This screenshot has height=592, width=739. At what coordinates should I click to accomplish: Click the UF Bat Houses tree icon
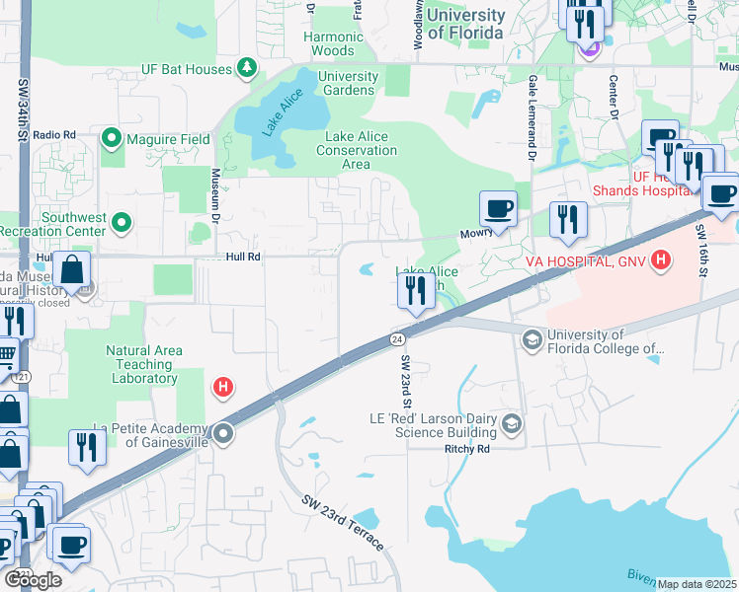tap(246, 68)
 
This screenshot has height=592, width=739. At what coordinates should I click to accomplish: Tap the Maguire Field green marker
tap(111, 139)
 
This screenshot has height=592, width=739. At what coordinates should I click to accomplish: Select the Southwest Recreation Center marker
tap(123, 224)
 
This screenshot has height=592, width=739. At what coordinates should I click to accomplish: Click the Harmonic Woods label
tap(333, 43)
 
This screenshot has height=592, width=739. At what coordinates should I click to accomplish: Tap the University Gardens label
tap(348, 83)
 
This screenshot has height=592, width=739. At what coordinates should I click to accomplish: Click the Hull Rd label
tap(241, 256)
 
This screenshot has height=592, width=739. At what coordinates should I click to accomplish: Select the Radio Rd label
tap(54, 134)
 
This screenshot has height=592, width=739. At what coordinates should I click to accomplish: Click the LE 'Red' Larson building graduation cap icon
tap(512, 424)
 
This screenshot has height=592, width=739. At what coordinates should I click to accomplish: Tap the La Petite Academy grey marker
tap(224, 433)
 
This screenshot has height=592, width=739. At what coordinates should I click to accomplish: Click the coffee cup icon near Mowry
tap(498, 209)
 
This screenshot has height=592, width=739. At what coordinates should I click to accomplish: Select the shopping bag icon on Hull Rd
tap(72, 268)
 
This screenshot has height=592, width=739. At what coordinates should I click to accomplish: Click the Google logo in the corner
tap(32, 580)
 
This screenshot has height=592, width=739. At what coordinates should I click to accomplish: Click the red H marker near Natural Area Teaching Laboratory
tap(223, 386)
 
